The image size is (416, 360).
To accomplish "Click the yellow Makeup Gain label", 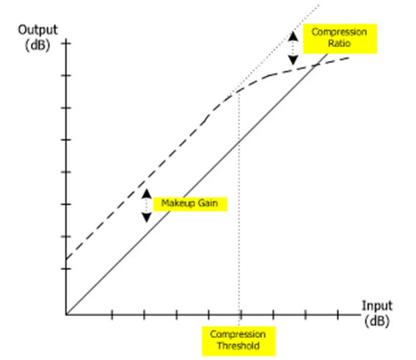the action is pyautogui.click(x=190, y=204).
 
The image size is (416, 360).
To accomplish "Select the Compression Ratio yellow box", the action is pyautogui.click(x=340, y=39).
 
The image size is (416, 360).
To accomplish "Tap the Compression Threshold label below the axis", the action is pyautogui.click(x=238, y=341).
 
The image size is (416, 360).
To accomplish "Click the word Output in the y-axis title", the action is pyautogui.click(x=37, y=30).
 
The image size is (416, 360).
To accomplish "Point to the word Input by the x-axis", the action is pyautogui.click(x=377, y=306).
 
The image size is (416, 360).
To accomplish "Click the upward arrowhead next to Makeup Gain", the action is pyautogui.click(x=147, y=194).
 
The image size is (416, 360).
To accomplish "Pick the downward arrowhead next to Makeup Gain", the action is pyautogui.click(x=147, y=217).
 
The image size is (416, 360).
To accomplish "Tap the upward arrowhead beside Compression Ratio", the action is pyautogui.click(x=293, y=36).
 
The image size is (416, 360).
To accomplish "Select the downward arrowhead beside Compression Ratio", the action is pyautogui.click(x=293, y=60).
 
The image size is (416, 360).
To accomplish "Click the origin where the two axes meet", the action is pyautogui.click(x=66, y=315).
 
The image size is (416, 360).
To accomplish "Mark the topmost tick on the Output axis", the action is pyautogui.click(x=66, y=43).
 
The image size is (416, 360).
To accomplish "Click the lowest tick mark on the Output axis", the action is pyautogui.click(x=66, y=269).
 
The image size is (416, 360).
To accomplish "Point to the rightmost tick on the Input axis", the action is pyautogui.click(x=337, y=315).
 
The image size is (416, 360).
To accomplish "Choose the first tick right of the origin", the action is pyautogui.click(x=112, y=315).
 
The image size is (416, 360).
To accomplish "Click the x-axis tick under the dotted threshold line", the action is pyautogui.click(x=241, y=315).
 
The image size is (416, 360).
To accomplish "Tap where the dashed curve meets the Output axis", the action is pyautogui.click(x=66, y=259).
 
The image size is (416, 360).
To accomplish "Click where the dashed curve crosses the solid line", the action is pyautogui.click(x=315, y=65).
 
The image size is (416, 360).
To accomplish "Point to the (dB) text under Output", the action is pyautogui.click(x=37, y=45).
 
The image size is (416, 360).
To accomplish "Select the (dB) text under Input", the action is pyautogui.click(x=376, y=321).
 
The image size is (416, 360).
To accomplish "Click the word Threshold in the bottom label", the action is pyautogui.click(x=238, y=346).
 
